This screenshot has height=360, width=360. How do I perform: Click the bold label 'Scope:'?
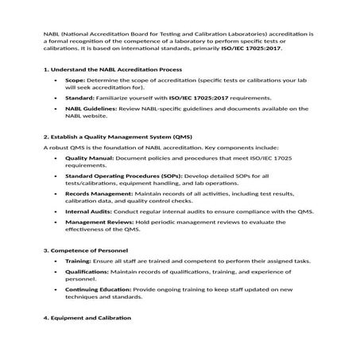pyautogui.click(x=75, y=81)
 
